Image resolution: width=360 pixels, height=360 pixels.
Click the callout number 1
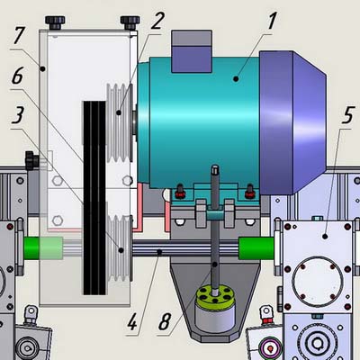click(x=271, y=21)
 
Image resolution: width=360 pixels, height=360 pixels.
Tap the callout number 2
click(x=157, y=21)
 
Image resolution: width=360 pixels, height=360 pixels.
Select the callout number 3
click(x=18, y=115)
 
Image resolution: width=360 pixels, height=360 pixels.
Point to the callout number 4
click(x=132, y=322)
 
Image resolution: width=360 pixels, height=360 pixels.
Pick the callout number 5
click(x=348, y=115)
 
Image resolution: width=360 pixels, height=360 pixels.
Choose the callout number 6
click(x=17, y=75)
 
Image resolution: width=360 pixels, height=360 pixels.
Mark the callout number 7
click(x=18, y=35)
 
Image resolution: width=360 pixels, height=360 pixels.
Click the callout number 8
click(x=165, y=322)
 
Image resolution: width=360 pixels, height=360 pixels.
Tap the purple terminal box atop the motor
click(x=192, y=51)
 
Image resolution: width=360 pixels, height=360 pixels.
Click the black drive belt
click(x=94, y=198)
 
